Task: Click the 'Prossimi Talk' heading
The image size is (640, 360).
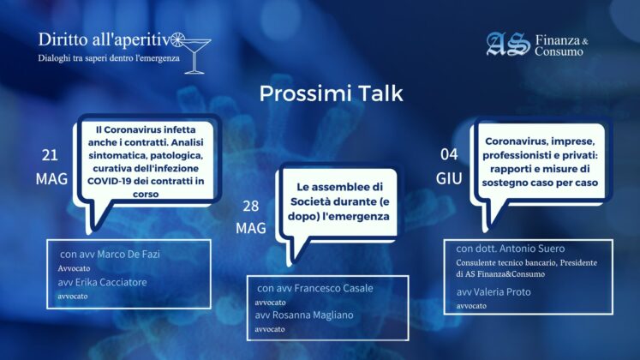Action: [x=331, y=93]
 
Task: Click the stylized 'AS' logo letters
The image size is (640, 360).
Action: [x=508, y=44]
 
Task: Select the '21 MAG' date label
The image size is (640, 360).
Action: [x=51, y=166]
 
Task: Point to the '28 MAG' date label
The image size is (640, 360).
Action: [x=251, y=217]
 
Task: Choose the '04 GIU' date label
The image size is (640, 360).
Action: [x=449, y=166]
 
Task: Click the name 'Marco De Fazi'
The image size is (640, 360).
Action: [x=128, y=254]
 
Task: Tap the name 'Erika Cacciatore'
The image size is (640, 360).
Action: [x=111, y=282]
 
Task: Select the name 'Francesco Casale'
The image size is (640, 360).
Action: [x=333, y=288]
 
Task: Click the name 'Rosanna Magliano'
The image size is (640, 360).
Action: [x=313, y=315]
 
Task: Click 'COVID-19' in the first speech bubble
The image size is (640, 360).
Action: [x=107, y=181]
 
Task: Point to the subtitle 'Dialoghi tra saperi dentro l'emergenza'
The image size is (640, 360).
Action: [x=109, y=58]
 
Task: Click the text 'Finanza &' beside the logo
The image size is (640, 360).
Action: [x=562, y=40]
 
